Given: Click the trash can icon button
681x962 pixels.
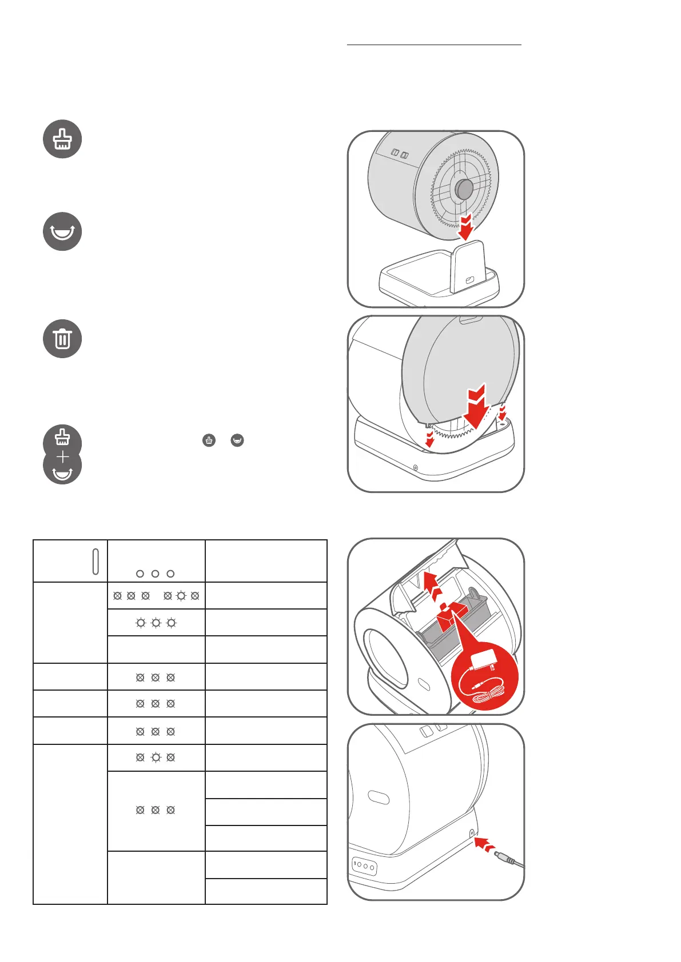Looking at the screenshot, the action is pos(62,339).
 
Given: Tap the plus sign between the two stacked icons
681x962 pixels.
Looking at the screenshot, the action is pos(62,457).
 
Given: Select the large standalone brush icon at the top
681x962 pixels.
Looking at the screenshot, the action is pos(62,139).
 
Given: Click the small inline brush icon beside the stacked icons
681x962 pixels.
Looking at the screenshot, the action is pos(209,440).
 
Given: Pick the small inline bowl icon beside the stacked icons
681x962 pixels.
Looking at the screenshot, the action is pos(237,440).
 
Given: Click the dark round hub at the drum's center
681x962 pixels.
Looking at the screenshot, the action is pos(464,189).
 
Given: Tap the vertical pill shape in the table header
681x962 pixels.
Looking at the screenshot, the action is pos(95,561).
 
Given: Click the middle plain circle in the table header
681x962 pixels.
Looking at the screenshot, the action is pos(155,574).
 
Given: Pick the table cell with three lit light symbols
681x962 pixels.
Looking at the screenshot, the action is pos(156,623).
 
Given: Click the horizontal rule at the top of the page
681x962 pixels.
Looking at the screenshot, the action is pos(434,44).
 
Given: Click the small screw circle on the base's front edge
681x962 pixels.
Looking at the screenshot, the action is pos(415,468).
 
